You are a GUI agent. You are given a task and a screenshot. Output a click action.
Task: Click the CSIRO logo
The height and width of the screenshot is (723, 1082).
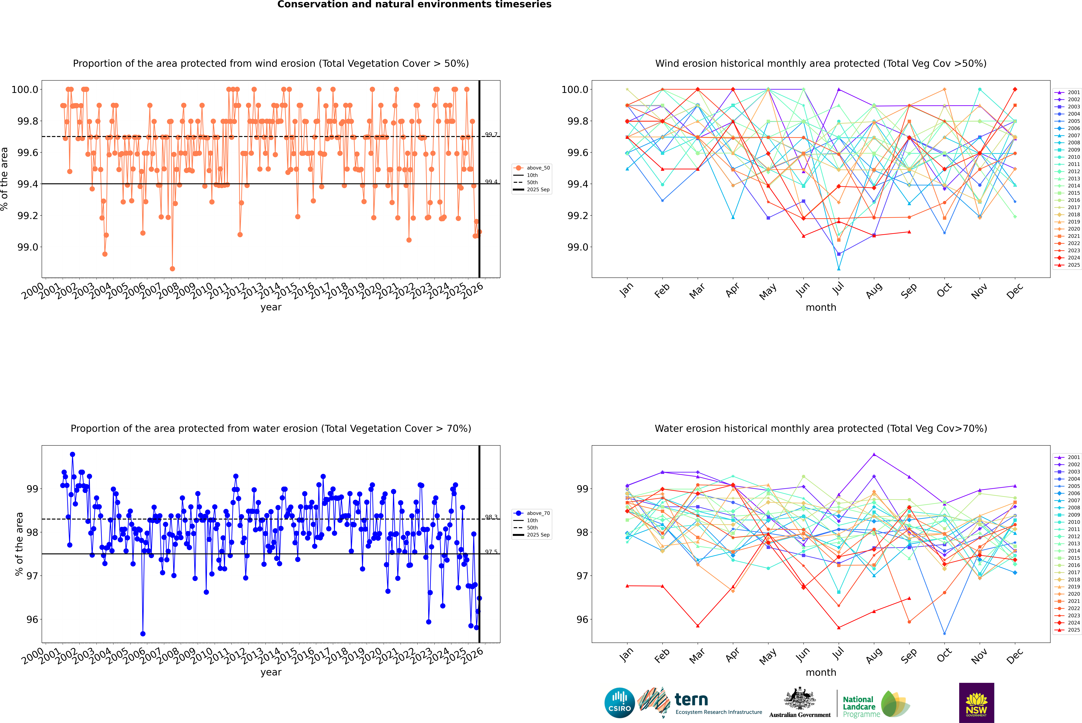click(619, 703)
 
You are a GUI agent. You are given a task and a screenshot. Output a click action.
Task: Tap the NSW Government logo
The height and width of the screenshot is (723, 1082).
click(976, 703)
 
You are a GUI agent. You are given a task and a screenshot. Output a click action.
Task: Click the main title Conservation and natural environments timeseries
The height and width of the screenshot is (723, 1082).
click(414, 5)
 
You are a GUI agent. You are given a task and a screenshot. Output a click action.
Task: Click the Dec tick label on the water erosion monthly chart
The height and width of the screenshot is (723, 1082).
click(1015, 656)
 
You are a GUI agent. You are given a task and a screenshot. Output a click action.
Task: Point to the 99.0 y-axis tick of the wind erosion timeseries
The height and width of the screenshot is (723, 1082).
click(28, 247)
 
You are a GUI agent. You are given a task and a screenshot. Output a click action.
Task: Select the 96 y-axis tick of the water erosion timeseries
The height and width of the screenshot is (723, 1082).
click(32, 619)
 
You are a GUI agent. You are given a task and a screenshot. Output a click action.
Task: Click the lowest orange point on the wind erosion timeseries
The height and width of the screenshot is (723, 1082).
click(172, 269)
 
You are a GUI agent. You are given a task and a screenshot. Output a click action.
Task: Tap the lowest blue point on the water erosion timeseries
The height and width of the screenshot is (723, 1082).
click(143, 634)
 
